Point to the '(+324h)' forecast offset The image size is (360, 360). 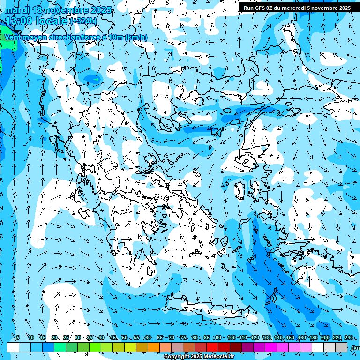[x=83, y=21]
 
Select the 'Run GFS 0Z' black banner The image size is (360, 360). [x=297, y=8]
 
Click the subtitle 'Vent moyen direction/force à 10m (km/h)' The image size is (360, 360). [x=75, y=37]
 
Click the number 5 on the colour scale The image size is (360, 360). [x=18, y=338]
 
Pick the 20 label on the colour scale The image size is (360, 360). [x=54, y=338]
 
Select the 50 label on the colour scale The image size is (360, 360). [x=125, y=338]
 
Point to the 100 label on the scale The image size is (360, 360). [x=231, y=338]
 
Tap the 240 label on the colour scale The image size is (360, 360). [x=348, y=338]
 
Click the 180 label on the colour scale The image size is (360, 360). [x=313, y=338]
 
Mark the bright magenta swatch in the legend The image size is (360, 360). [x=271, y=347]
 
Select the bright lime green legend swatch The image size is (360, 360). [x=95, y=347]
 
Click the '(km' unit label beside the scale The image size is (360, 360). [x=355, y=348]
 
